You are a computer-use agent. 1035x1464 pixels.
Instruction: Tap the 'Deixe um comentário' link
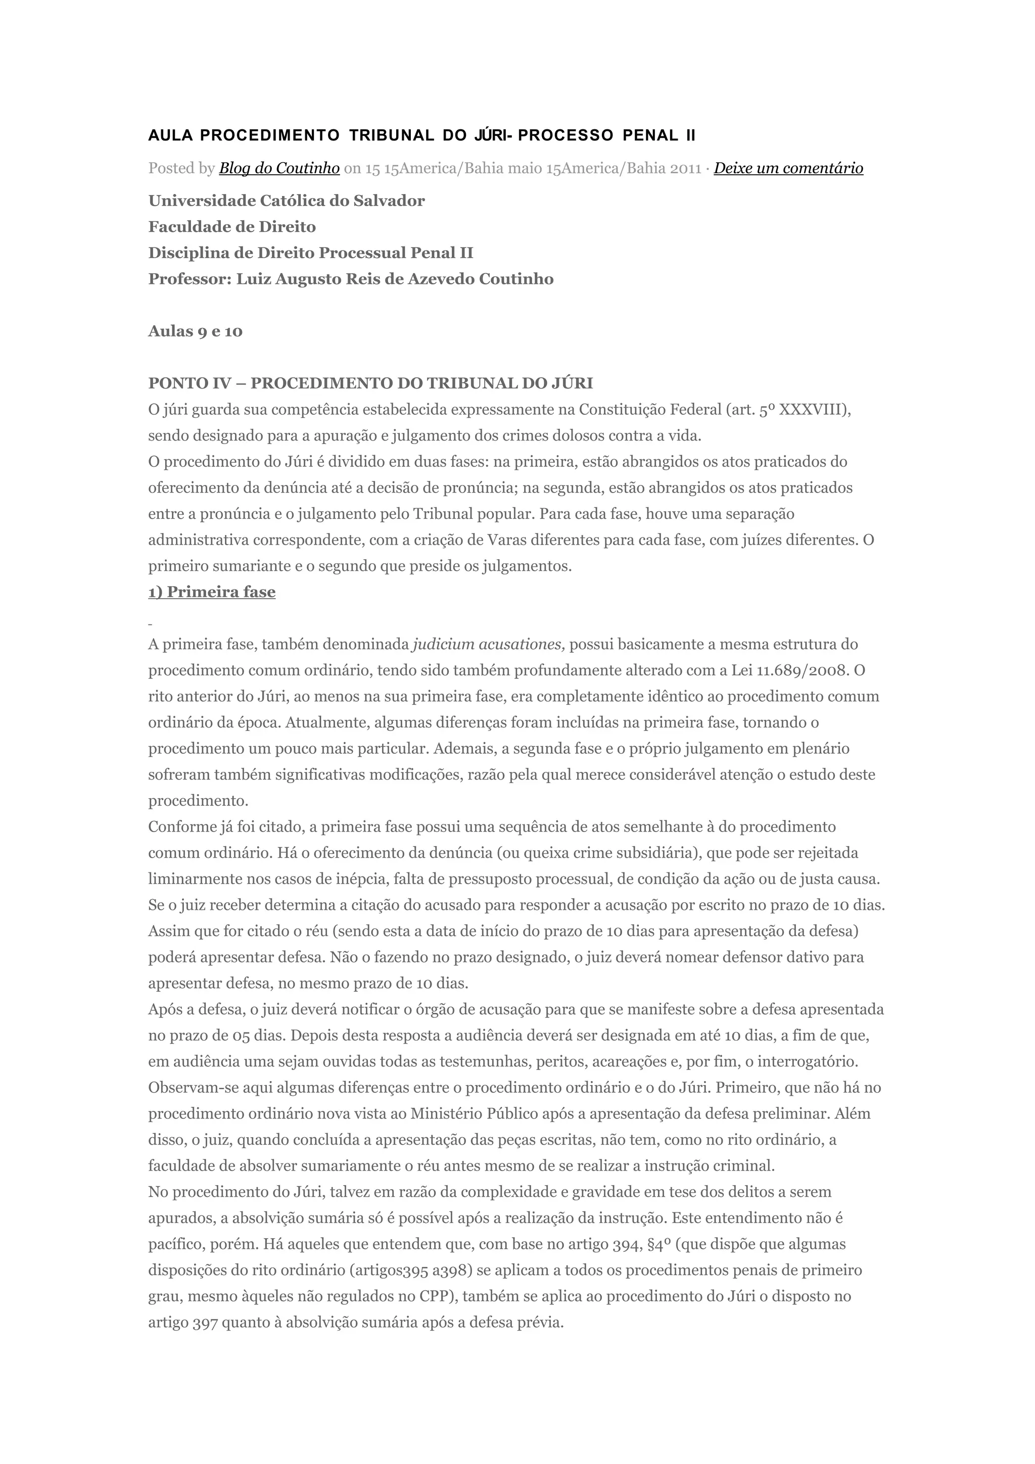click(x=788, y=168)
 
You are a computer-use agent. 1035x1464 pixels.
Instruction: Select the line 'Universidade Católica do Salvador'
click(x=287, y=201)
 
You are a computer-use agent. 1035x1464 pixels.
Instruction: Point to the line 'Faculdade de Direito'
click(x=232, y=227)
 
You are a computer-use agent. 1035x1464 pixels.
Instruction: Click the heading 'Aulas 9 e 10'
click(x=195, y=331)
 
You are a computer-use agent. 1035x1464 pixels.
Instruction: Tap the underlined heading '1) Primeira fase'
click(x=212, y=593)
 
